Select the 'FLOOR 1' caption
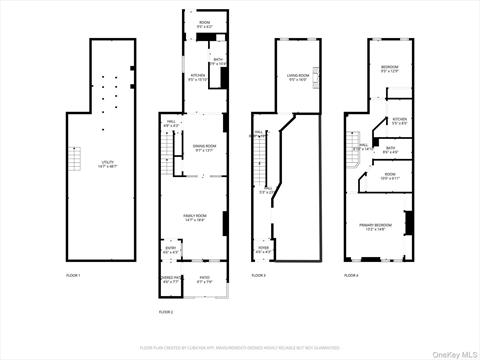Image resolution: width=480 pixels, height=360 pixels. [73, 274]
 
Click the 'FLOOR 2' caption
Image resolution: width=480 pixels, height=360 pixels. [165, 312]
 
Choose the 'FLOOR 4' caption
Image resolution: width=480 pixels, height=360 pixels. [351, 274]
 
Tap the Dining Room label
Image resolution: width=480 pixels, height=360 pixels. [205, 147]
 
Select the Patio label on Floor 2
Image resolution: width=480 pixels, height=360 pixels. [204, 280]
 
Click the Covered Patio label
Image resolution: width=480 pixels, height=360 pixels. [170, 280]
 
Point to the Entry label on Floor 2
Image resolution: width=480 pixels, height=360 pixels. [171, 250]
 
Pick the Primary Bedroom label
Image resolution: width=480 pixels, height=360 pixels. [376, 227]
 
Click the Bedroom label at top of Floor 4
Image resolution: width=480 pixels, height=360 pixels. [389, 69]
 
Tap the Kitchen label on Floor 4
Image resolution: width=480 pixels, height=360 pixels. [399, 121]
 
